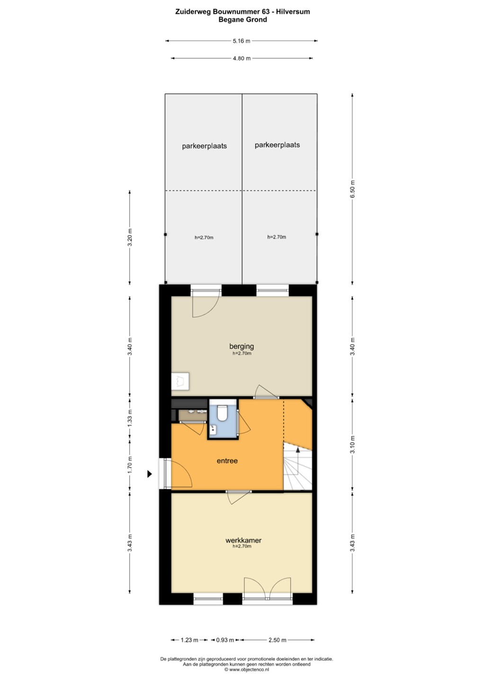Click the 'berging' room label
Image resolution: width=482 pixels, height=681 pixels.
point(241,346)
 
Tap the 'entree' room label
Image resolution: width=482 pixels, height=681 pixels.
point(227,461)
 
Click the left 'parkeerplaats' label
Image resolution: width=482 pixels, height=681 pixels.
point(204,146)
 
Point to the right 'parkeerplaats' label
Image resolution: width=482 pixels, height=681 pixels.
point(277,145)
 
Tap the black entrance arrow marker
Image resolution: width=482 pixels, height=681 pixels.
point(150,474)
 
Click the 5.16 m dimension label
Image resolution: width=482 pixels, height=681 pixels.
point(241,41)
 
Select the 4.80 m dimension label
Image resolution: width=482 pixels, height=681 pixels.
point(242,58)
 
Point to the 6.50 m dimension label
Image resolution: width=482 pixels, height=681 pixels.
point(352,189)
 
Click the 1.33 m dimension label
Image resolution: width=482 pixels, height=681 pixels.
point(130,418)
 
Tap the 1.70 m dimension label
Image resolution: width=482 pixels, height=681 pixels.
point(130,465)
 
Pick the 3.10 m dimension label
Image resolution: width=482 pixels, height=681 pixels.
point(352,445)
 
